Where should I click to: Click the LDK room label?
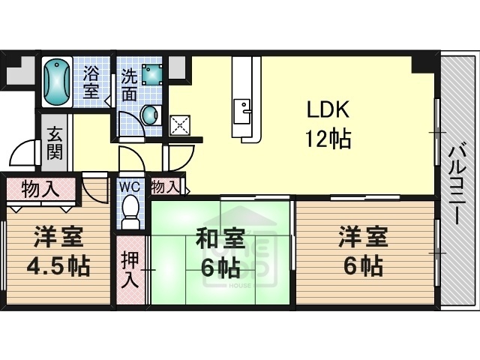coord(326,110)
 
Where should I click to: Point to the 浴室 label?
coord(91,82)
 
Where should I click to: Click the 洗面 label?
coord(128,84)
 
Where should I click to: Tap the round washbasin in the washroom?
coord(151,115)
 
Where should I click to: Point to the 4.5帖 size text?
coord(58,266)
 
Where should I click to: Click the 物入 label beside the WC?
coord(166,186)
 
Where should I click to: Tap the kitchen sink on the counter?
coord(241,110)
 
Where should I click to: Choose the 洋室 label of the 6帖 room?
coord(362,239)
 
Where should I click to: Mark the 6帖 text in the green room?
coord(220,267)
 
